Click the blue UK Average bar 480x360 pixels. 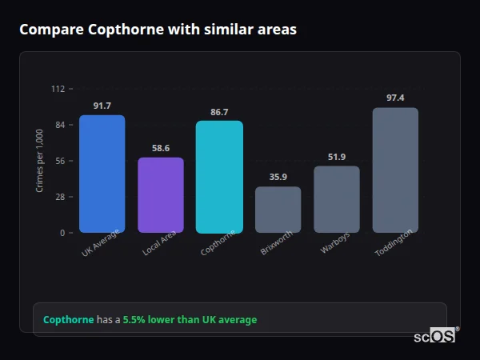point(102,174)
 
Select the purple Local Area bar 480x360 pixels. point(161,195)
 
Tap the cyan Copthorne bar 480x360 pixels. point(219,177)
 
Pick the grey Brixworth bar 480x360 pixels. point(278,210)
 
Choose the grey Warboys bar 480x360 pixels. point(337,199)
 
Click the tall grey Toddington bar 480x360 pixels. point(395,170)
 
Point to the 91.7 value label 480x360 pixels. point(102,106)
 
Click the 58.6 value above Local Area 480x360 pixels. point(161,148)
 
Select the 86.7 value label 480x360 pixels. point(219,112)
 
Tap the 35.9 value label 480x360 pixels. point(278,178)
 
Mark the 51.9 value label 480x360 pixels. point(337,157)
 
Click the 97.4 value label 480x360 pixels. point(395,98)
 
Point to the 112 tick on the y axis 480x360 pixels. point(58,89)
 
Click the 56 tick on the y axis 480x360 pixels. point(60,161)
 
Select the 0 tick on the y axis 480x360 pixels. point(62,233)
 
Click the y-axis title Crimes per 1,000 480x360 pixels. point(40,162)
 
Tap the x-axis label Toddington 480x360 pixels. point(394,243)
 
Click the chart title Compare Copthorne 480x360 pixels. point(158,30)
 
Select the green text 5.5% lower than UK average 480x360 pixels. point(190,320)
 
